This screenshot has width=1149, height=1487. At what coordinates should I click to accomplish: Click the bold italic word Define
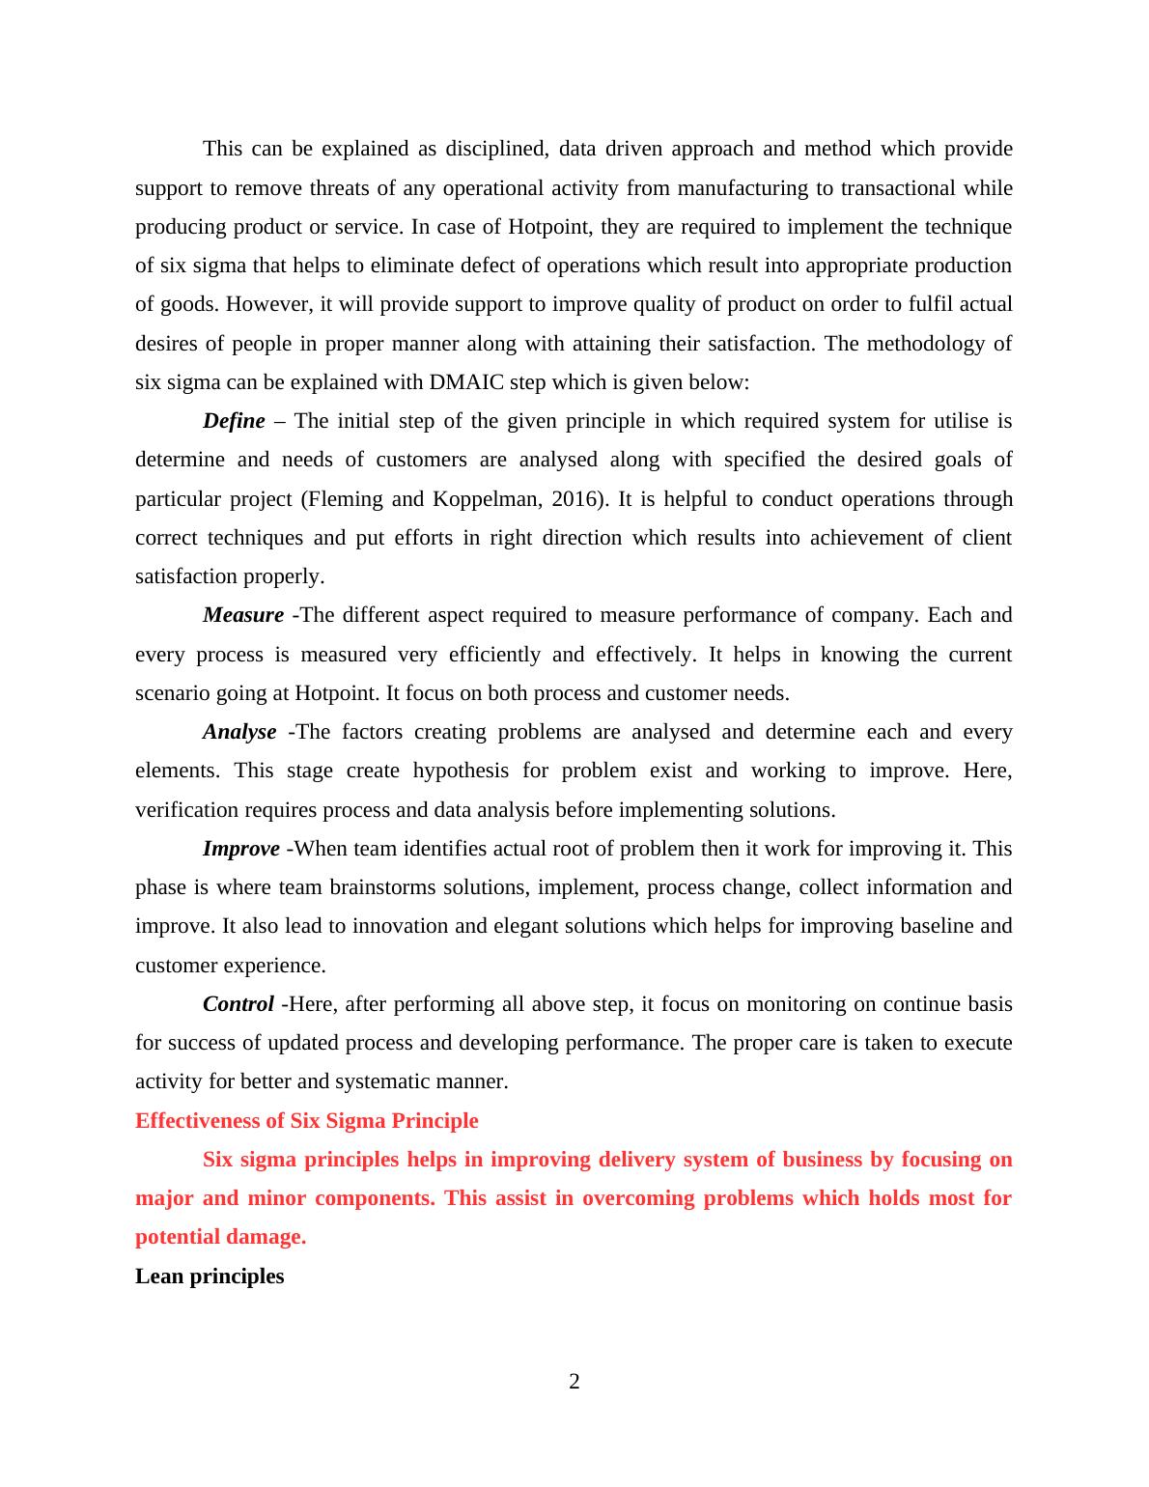[234, 421]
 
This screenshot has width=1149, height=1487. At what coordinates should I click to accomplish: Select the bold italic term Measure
[243, 615]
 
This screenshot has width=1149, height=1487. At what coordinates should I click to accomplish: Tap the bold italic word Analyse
[239, 732]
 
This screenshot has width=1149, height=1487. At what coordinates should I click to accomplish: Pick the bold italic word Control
[238, 1004]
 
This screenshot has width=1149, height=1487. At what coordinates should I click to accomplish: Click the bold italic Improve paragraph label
[241, 849]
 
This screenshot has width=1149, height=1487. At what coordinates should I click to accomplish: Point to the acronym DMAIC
[466, 382]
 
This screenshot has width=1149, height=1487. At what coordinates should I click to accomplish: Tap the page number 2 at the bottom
[574, 1382]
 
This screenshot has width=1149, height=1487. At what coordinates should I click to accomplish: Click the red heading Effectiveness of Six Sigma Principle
[306, 1121]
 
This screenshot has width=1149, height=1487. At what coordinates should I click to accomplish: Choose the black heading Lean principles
[210, 1277]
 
